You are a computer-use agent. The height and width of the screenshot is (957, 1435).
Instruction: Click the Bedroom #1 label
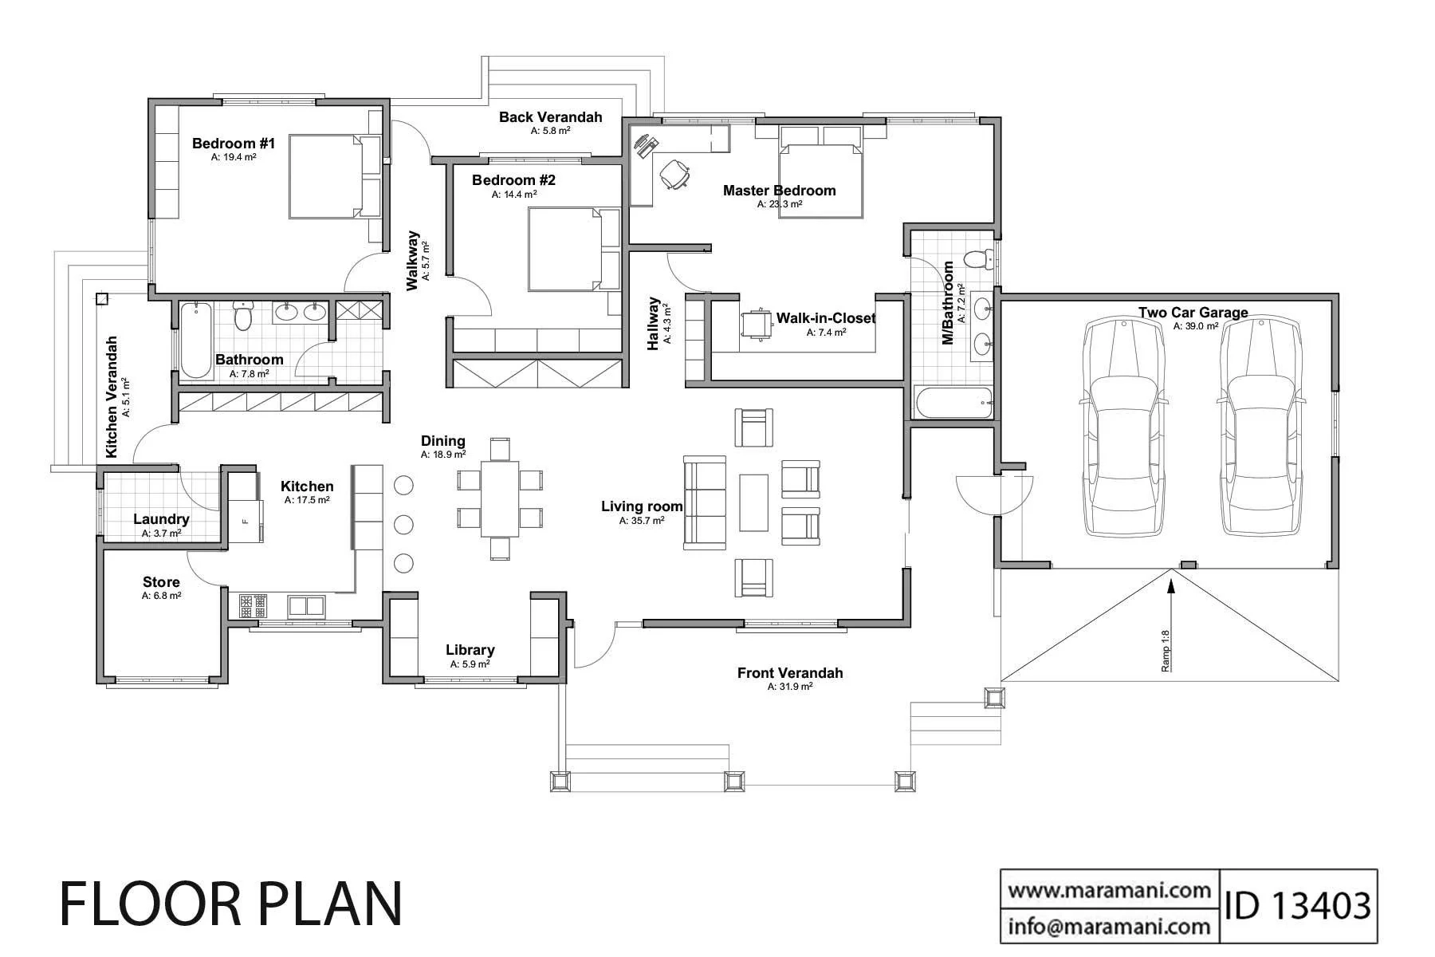(233, 144)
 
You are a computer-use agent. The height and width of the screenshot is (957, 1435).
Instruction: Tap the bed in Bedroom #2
(572, 249)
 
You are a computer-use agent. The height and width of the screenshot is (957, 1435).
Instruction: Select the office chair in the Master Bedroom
(674, 175)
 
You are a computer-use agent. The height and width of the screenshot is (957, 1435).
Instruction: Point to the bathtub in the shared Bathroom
(195, 339)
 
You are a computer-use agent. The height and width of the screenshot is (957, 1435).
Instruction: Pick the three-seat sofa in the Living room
(705, 502)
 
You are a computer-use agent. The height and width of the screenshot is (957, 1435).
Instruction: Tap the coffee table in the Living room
(753, 502)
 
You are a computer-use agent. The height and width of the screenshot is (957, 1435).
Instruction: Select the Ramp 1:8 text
(1165, 651)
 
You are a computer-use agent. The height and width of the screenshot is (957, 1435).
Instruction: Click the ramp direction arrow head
(1170, 584)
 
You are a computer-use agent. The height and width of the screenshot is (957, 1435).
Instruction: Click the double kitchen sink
(306, 606)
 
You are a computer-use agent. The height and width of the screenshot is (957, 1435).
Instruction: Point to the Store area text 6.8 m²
(161, 596)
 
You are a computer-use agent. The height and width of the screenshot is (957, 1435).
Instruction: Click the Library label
(470, 650)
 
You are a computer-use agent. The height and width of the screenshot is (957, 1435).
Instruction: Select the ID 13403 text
(1298, 906)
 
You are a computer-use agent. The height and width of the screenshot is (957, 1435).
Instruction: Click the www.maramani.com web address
(1109, 889)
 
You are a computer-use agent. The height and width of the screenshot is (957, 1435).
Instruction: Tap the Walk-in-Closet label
(825, 318)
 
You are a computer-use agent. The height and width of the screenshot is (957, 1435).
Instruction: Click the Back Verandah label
(550, 117)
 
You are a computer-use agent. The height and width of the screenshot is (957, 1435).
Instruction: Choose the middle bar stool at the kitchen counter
(404, 524)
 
